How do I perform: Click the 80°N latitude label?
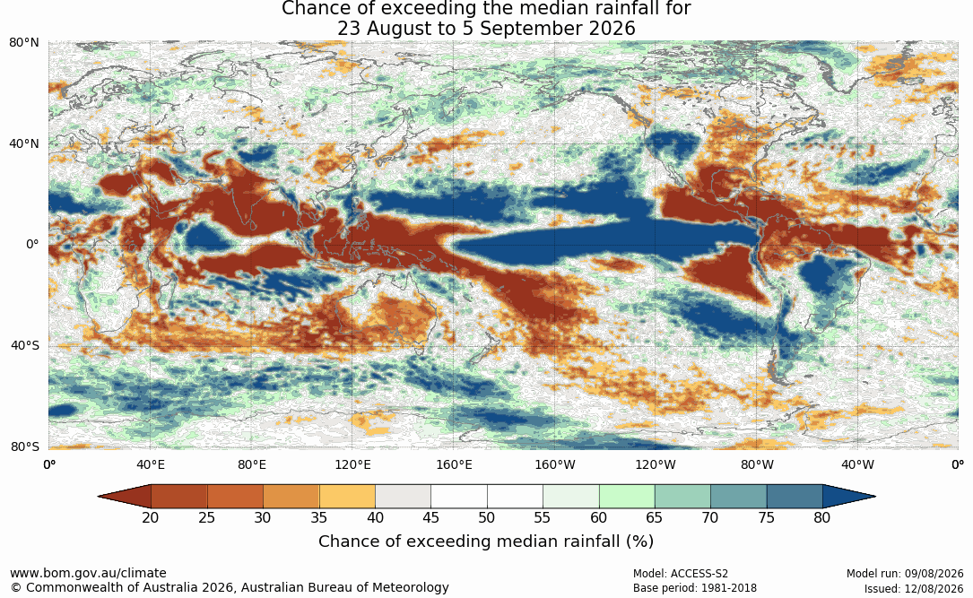[24, 42]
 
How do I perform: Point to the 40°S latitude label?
[25, 345]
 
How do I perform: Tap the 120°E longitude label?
[352, 464]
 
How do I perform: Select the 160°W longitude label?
[555, 464]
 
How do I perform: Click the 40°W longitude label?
[857, 464]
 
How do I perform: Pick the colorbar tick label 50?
[486, 517]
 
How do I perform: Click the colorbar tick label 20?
[151, 517]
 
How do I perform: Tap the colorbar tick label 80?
[822, 517]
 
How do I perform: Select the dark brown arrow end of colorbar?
[125, 497]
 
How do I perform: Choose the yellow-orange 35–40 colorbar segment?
[347, 497]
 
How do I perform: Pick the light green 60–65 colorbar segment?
[627, 497]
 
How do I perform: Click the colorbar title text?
[486, 542]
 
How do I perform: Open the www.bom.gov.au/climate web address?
[88, 573]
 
